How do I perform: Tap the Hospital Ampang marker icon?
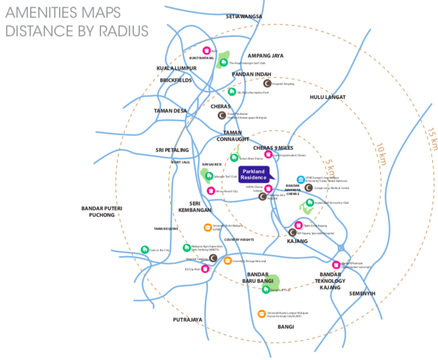pos(267,84)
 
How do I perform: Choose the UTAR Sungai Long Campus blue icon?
pos(300,179)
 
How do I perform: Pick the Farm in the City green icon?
pos(145,249)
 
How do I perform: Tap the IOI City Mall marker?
pos(206,268)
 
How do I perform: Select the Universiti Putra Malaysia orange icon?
pos(207,227)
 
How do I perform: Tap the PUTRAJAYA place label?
pos(188,320)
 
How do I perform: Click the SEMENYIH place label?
pos(363,293)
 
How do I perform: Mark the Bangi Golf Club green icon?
pos(265,290)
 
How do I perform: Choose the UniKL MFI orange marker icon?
pos(262,314)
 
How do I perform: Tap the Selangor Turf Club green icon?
pos(209,176)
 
